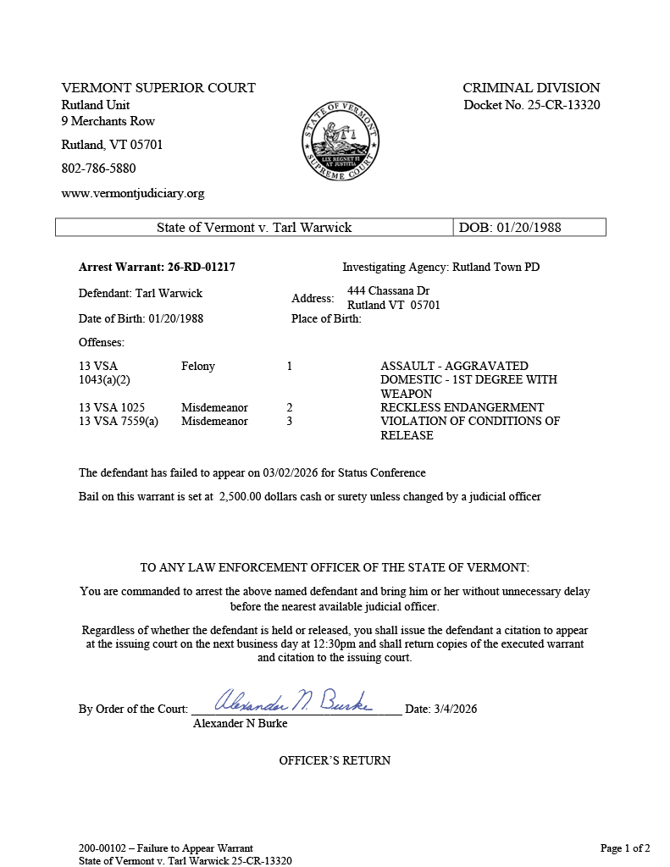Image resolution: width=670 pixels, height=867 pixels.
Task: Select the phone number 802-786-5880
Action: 98,168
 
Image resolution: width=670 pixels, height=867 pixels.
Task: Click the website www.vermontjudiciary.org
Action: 133,193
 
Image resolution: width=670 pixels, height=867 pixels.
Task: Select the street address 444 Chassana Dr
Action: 388,291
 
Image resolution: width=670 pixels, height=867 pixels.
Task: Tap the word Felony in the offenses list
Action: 198,366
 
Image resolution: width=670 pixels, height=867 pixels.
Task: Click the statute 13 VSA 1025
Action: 112,407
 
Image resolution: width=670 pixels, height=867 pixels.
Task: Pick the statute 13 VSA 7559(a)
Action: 119,421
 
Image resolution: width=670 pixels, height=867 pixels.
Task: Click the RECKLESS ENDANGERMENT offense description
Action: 462,407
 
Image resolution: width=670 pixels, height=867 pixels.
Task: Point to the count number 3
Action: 290,421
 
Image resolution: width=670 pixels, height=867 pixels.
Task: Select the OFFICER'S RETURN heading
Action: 335,760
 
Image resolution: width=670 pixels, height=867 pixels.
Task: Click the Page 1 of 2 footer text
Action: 625,848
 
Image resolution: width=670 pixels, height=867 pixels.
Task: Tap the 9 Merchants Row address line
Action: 108,121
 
